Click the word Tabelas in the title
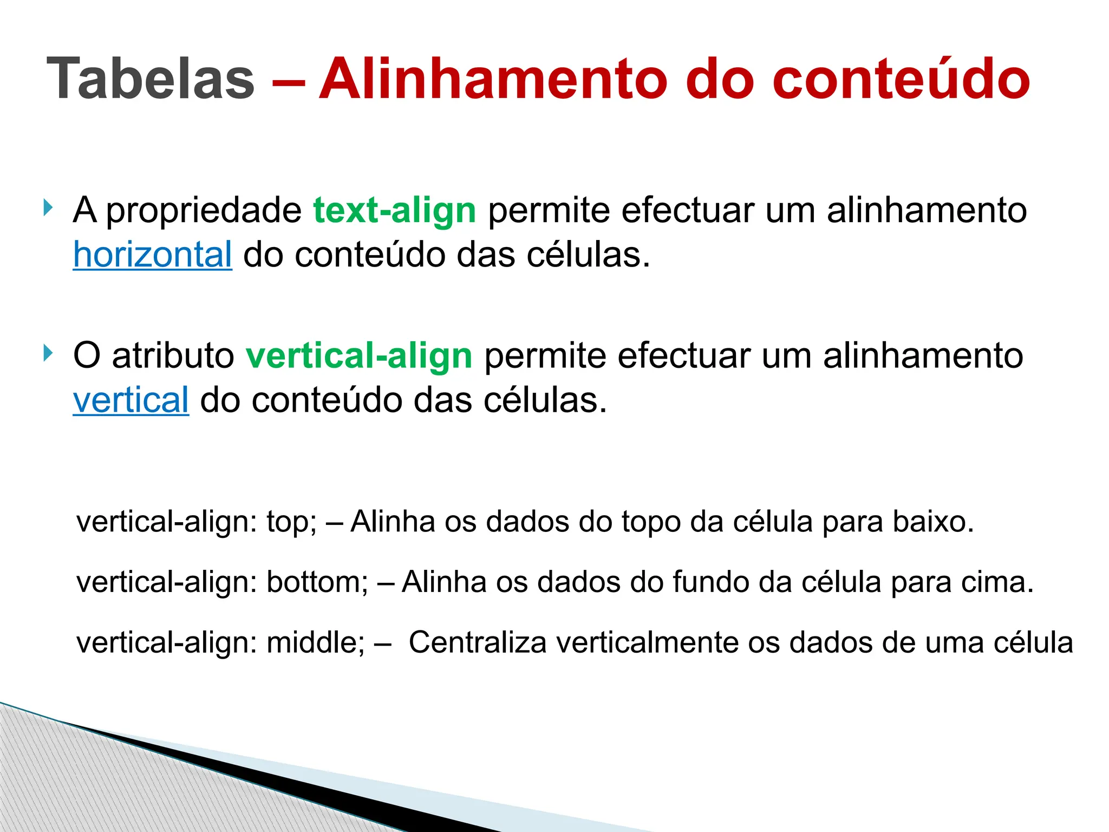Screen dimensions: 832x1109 point(151,79)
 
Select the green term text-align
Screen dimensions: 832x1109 point(394,210)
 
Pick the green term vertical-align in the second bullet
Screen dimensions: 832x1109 point(359,356)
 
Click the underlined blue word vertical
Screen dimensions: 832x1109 point(131,400)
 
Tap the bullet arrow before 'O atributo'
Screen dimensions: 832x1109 point(48,353)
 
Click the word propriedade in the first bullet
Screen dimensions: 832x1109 point(204,210)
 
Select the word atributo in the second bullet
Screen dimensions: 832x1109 point(173,356)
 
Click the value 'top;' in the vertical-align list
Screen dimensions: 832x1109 point(291,522)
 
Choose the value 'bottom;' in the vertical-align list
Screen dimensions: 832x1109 point(317,583)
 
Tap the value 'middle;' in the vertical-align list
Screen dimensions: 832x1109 point(316,643)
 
